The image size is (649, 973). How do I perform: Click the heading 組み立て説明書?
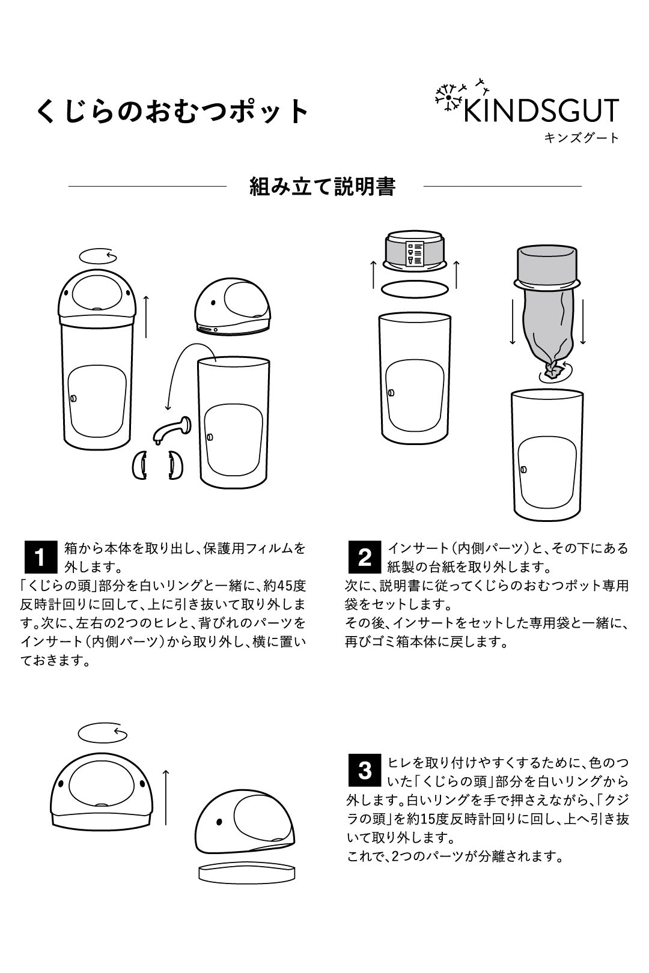[x=323, y=187]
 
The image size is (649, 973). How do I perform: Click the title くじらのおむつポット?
[x=173, y=111]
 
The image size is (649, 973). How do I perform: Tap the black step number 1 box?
[x=39, y=557]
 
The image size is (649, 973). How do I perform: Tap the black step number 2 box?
[x=364, y=557]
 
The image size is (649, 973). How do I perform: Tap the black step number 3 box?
[x=364, y=770]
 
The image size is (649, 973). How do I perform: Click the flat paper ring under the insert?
[x=414, y=289]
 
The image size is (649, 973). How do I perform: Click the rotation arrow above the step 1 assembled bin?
[x=99, y=257]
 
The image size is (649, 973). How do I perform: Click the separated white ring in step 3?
[x=246, y=872]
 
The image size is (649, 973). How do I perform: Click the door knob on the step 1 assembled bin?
[x=73, y=399]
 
